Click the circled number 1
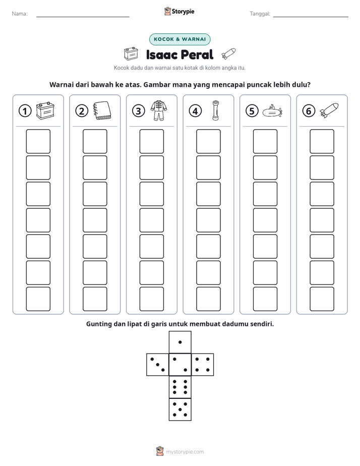tap(25, 111)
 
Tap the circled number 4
tap(195, 111)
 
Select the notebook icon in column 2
tap(102, 111)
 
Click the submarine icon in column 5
tap(272, 111)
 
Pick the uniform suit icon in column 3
tap(159, 110)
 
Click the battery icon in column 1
tap(45, 110)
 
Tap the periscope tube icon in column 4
tap(215, 110)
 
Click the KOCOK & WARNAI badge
tap(179, 39)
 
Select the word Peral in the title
tap(197, 54)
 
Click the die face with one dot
tap(180, 342)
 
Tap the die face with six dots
tap(180, 387)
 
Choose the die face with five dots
tap(180, 410)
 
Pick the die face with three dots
tap(158, 365)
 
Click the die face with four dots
tap(203, 365)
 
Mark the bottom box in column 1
tap(38, 299)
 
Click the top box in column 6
tap(322, 141)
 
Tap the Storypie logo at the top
tap(179, 12)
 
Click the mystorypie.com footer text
tap(185, 452)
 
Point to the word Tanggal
tap(260, 14)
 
